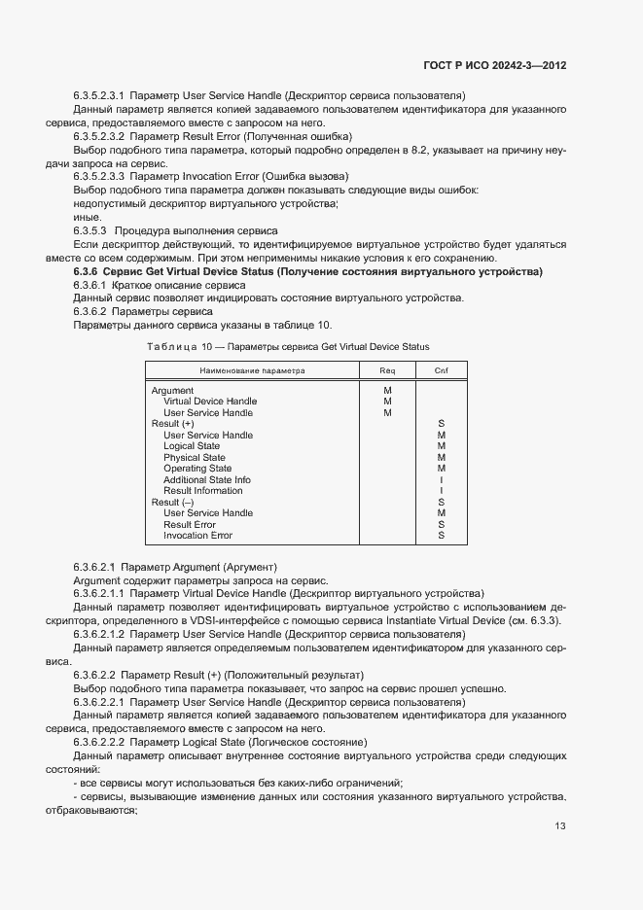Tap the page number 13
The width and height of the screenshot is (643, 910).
(x=560, y=826)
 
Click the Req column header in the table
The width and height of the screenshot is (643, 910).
(x=387, y=370)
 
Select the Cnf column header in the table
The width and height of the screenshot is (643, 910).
(x=441, y=370)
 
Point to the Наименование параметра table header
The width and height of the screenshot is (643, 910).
(x=252, y=370)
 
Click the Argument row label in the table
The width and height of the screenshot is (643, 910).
(x=172, y=391)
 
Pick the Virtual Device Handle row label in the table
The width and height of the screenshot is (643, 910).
(x=210, y=402)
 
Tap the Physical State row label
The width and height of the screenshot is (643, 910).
(x=194, y=458)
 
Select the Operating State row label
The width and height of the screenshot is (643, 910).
(x=197, y=469)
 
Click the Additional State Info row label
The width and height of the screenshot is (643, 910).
(x=206, y=480)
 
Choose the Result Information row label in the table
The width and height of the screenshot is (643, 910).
(x=203, y=491)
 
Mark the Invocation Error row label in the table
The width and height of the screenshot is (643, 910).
(x=197, y=536)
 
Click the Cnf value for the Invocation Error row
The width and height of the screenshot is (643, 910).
(x=441, y=536)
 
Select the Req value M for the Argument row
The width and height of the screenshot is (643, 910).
(x=387, y=391)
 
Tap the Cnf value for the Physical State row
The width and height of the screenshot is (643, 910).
(x=441, y=458)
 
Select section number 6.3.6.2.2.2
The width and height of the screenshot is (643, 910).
(x=100, y=743)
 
